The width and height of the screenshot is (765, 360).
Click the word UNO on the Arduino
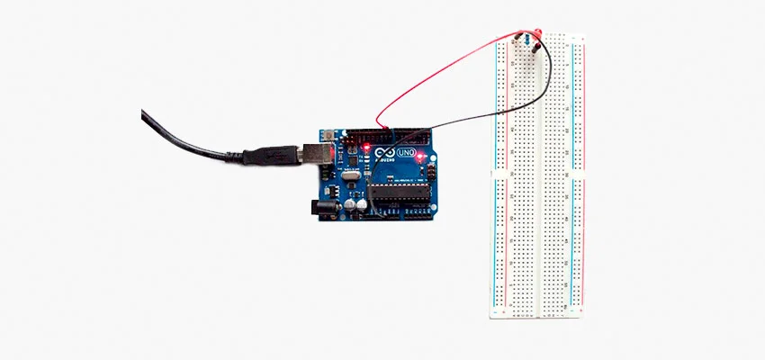pyautogui.click(x=406, y=153)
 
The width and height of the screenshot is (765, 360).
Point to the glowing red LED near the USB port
pyautogui.click(x=367, y=145)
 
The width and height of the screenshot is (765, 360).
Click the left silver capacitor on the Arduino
pyautogui.click(x=348, y=203)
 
